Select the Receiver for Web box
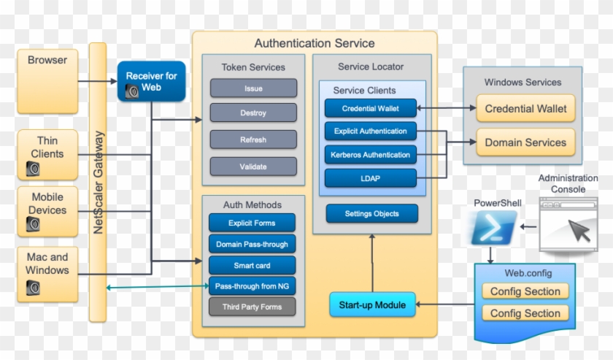(x=151, y=81)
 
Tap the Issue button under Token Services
(x=253, y=88)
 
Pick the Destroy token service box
(x=253, y=113)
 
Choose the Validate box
(x=253, y=166)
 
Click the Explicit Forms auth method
(x=252, y=223)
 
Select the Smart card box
(x=252, y=265)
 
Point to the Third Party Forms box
(x=252, y=307)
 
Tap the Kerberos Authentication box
(x=370, y=154)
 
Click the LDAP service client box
(x=370, y=177)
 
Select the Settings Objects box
(x=371, y=214)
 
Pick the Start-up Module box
(x=372, y=305)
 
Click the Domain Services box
(x=525, y=142)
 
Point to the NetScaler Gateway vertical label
(x=99, y=183)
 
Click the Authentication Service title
(x=315, y=44)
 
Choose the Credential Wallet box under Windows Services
(x=525, y=109)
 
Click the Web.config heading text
(x=528, y=274)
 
